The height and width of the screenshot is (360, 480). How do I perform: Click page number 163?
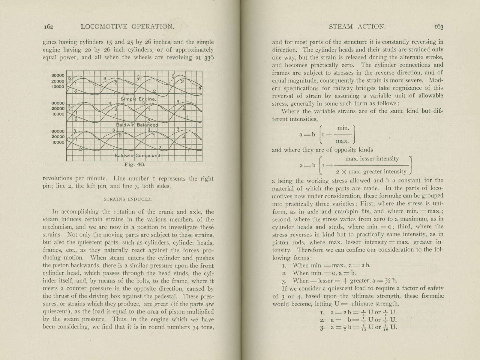(x=439, y=27)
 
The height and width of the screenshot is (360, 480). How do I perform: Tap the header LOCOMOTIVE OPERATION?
(x=127, y=27)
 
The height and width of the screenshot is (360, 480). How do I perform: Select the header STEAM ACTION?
(x=357, y=27)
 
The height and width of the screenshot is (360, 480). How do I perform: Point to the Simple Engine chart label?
(x=138, y=99)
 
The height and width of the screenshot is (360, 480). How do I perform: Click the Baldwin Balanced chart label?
(x=138, y=125)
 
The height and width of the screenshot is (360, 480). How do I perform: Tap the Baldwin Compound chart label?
(x=139, y=156)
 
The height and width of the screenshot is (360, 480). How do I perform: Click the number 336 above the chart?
(x=208, y=58)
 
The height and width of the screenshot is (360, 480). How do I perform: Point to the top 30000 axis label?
(x=58, y=76)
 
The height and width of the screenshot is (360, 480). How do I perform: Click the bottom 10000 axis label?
(x=58, y=142)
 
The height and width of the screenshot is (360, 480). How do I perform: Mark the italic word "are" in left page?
(x=209, y=304)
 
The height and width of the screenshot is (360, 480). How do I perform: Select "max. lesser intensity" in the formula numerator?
(x=372, y=159)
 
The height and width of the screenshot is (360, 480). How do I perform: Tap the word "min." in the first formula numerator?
(x=343, y=128)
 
